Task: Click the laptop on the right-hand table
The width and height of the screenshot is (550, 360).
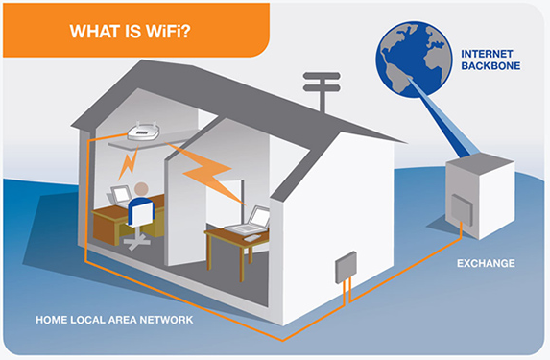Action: coord(253,218)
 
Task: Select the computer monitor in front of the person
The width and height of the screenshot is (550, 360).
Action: coord(119,194)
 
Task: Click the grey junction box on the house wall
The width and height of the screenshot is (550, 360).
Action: coord(346,269)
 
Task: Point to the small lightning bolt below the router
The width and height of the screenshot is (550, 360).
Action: coord(125,166)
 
